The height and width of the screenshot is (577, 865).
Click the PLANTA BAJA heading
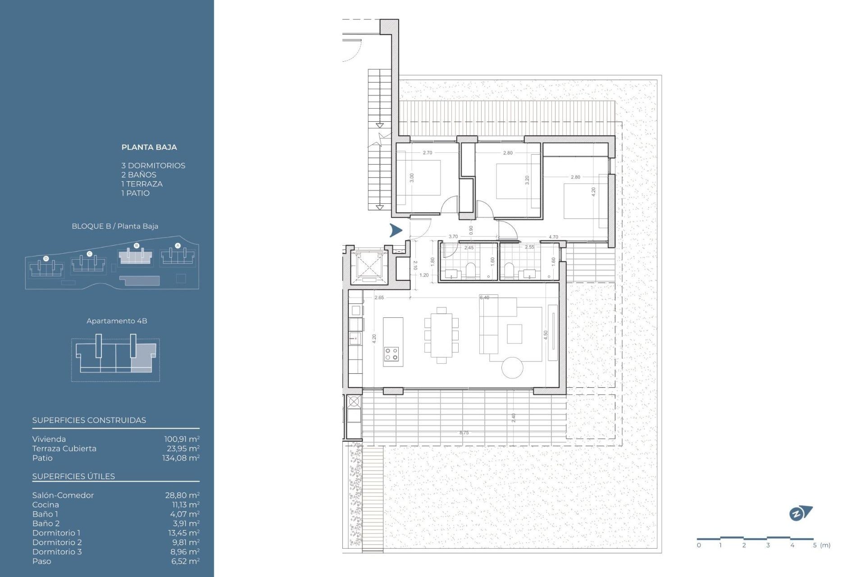click(149, 147)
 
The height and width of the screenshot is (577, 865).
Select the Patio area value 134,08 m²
click(181, 458)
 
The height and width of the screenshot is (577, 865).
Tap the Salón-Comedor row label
click(63, 495)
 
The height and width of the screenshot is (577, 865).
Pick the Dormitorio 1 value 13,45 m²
click(184, 533)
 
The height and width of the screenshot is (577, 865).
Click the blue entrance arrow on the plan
click(396, 230)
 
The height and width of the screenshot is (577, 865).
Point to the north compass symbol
click(800, 513)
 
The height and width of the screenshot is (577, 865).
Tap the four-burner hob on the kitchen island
click(392, 354)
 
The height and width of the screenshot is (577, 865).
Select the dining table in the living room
click(442, 335)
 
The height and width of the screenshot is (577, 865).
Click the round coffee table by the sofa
click(512, 367)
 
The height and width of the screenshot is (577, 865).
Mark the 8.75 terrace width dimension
click(464, 433)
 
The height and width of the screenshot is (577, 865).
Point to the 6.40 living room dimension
click(484, 298)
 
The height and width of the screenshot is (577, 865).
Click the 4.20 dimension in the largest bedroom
click(593, 192)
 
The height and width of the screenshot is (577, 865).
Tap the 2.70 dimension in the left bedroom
click(427, 153)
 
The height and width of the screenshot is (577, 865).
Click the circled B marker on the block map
click(137, 246)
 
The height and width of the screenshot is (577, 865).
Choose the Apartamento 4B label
click(117, 321)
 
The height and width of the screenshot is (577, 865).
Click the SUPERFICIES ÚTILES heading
click(73, 476)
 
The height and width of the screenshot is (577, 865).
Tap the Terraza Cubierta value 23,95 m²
click(183, 449)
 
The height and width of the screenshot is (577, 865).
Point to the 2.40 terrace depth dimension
click(514, 417)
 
